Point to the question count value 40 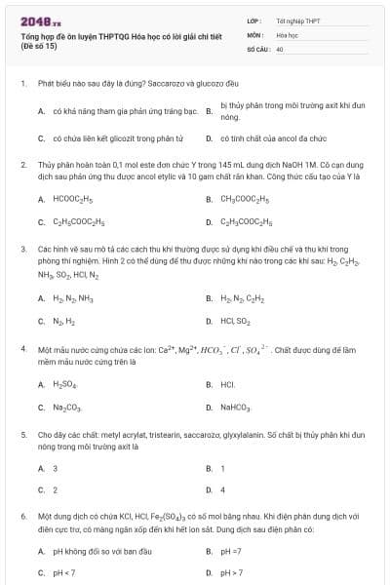pos(280,48)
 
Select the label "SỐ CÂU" pos(257,48)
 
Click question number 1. pos(21,85)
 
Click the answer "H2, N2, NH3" pos(73,298)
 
